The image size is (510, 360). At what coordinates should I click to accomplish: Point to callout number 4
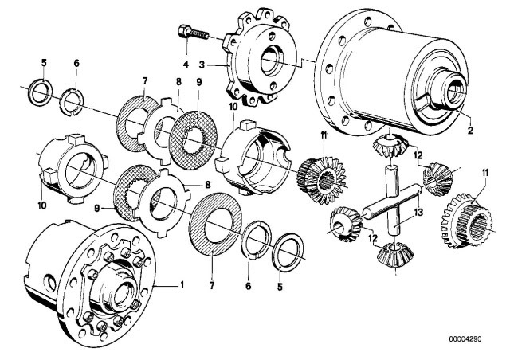point(184,63)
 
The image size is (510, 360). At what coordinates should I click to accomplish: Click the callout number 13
point(418,215)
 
